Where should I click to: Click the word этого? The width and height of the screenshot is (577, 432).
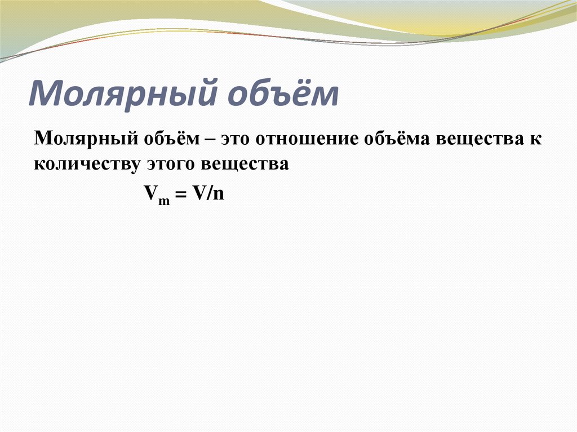[169, 164]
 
